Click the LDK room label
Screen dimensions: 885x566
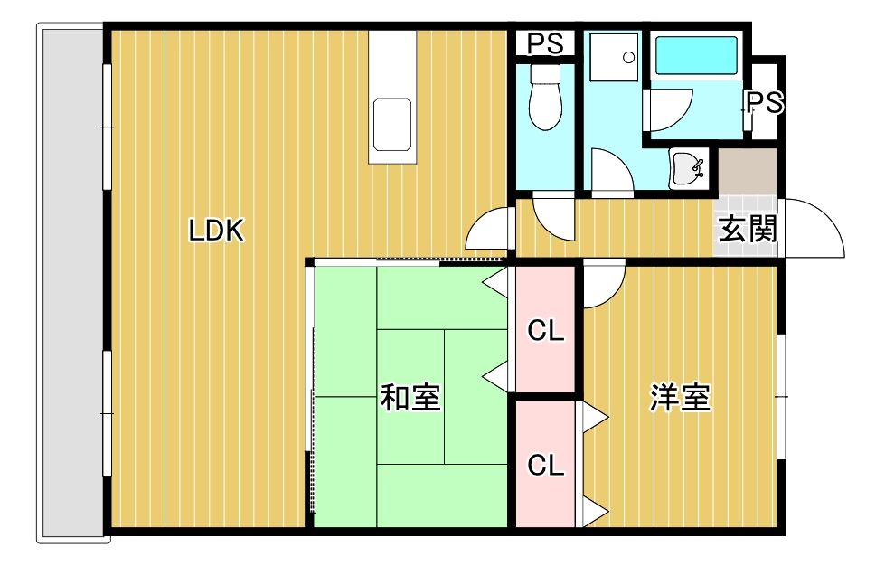click(216, 231)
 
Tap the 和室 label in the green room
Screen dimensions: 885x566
click(410, 397)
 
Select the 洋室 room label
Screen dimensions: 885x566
click(680, 397)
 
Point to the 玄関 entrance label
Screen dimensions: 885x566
click(748, 229)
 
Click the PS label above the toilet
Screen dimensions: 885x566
click(545, 43)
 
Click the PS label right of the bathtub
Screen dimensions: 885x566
click(765, 102)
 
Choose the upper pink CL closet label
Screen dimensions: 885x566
click(546, 331)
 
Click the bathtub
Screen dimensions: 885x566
click(696, 55)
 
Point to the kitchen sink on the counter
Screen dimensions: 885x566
click(392, 124)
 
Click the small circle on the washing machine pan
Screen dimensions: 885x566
click(629, 57)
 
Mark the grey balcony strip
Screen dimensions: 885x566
click(73, 282)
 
